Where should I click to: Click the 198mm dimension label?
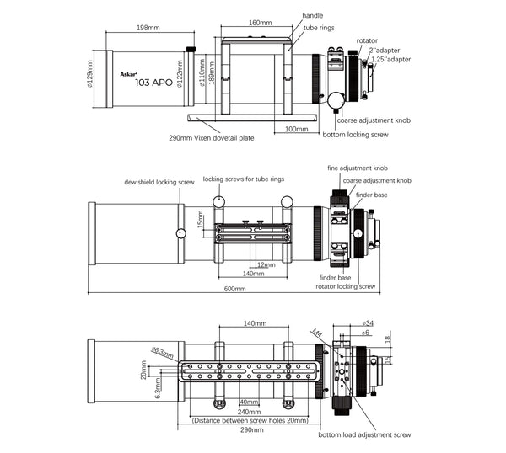point(149,28)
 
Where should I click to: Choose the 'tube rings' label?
point(318,27)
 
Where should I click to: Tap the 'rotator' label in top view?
point(367,40)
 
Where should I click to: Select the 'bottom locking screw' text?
point(355,135)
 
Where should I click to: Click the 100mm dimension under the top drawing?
point(296,129)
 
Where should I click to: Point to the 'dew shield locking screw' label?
point(159,181)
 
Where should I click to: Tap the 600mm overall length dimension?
point(234,289)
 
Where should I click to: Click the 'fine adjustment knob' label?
point(358,169)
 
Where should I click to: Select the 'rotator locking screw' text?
point(347,286)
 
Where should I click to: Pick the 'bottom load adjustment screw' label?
point(364,435)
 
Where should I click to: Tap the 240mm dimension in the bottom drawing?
point(248,412)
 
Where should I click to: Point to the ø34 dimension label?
point(368,322)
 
